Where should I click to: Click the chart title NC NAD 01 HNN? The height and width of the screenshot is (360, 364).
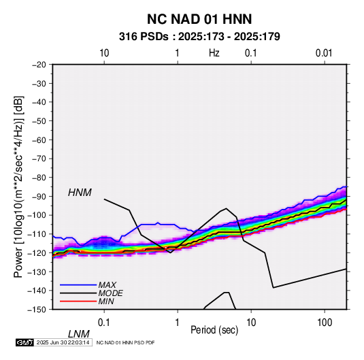pos(199,19)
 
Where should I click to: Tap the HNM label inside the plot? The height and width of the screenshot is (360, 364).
pos(80,193)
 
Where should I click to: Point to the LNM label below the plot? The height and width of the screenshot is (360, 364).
pos(78,334)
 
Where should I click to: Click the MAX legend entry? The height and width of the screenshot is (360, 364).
pos(107,284)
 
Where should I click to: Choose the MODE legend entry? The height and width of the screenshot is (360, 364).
pos(110,293)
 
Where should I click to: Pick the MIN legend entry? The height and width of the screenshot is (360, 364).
pos(106,301)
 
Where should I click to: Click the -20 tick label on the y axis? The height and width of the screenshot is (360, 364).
pos(39,65)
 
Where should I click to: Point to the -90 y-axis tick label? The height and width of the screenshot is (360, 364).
pos(39,196)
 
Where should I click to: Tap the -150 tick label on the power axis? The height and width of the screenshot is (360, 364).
pos(37,310)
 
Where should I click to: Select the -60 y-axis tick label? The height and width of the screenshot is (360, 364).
pos(39,140)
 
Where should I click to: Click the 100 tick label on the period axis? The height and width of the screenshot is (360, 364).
pos(325,323)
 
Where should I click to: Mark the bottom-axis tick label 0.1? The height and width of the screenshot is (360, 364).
pos(104,323)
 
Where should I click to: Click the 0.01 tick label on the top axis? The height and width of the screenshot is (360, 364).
pos(324,53)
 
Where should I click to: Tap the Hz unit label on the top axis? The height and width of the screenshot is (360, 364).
pos(214,53)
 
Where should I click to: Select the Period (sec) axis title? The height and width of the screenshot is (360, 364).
pos(214,330)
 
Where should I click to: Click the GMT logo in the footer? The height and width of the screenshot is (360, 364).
pos(24,342)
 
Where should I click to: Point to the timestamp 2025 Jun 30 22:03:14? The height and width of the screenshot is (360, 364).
pos(63,342)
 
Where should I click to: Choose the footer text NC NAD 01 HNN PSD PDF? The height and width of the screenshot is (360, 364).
pos(125,342)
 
